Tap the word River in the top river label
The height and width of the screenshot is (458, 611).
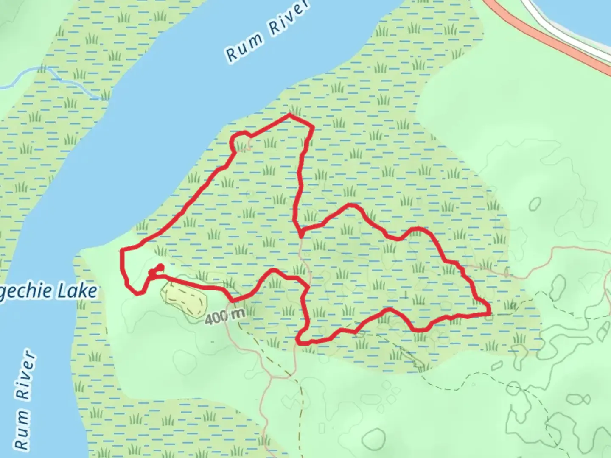tap(289, 19)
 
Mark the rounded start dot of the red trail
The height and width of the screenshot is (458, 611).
tap(160, 267)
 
